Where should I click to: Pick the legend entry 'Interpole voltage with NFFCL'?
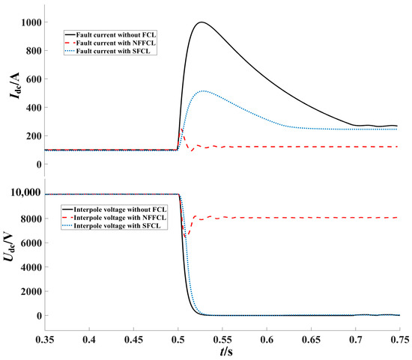[x=122, y=216]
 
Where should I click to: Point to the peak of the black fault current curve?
[x=200, y=22]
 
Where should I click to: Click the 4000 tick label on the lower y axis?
[x=28, y=266]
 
